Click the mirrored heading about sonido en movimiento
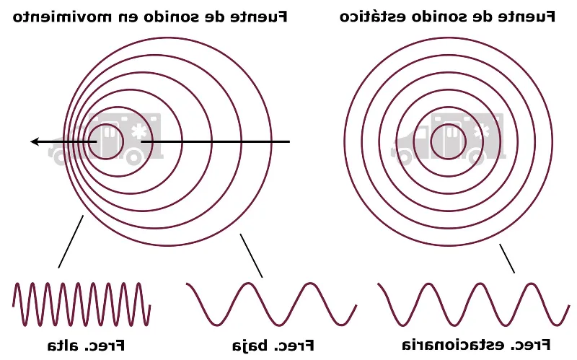coord(150,16)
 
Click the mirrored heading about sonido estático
coord(447,16)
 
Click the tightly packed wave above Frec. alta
coord(81,304)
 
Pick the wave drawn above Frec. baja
coord(271,304)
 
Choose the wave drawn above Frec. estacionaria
coord(472,304)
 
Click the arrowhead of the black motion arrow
coord(35,141)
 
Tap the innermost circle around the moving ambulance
coord(106,141)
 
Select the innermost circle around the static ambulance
coord(449,141)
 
